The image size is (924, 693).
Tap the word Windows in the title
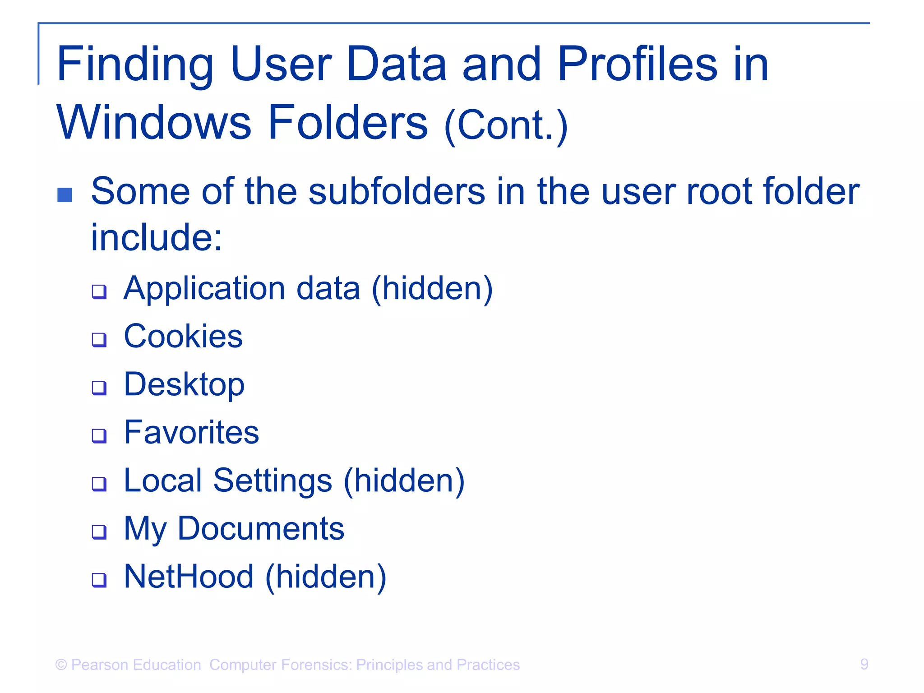pos(153,123)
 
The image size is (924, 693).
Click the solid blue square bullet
pos(65,195)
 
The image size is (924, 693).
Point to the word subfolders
pos(397,191)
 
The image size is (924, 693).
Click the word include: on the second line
pos(157,237)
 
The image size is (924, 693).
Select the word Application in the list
pos(204,289)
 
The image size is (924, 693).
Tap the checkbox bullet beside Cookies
pos(99,339)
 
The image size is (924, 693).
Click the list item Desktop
pos(184,384)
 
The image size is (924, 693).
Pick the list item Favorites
pos(191,432)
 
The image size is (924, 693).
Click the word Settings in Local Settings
pos(273,480)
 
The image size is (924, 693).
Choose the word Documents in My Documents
pos(261,528)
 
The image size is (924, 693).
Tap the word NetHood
pos(189,577)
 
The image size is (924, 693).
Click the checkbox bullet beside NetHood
pos(99,580)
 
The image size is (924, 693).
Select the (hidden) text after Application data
pos(432,289)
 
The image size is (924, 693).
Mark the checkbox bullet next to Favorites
pos(99,435)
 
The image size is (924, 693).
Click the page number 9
pos(864,664)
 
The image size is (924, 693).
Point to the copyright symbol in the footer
pos(61,665)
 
